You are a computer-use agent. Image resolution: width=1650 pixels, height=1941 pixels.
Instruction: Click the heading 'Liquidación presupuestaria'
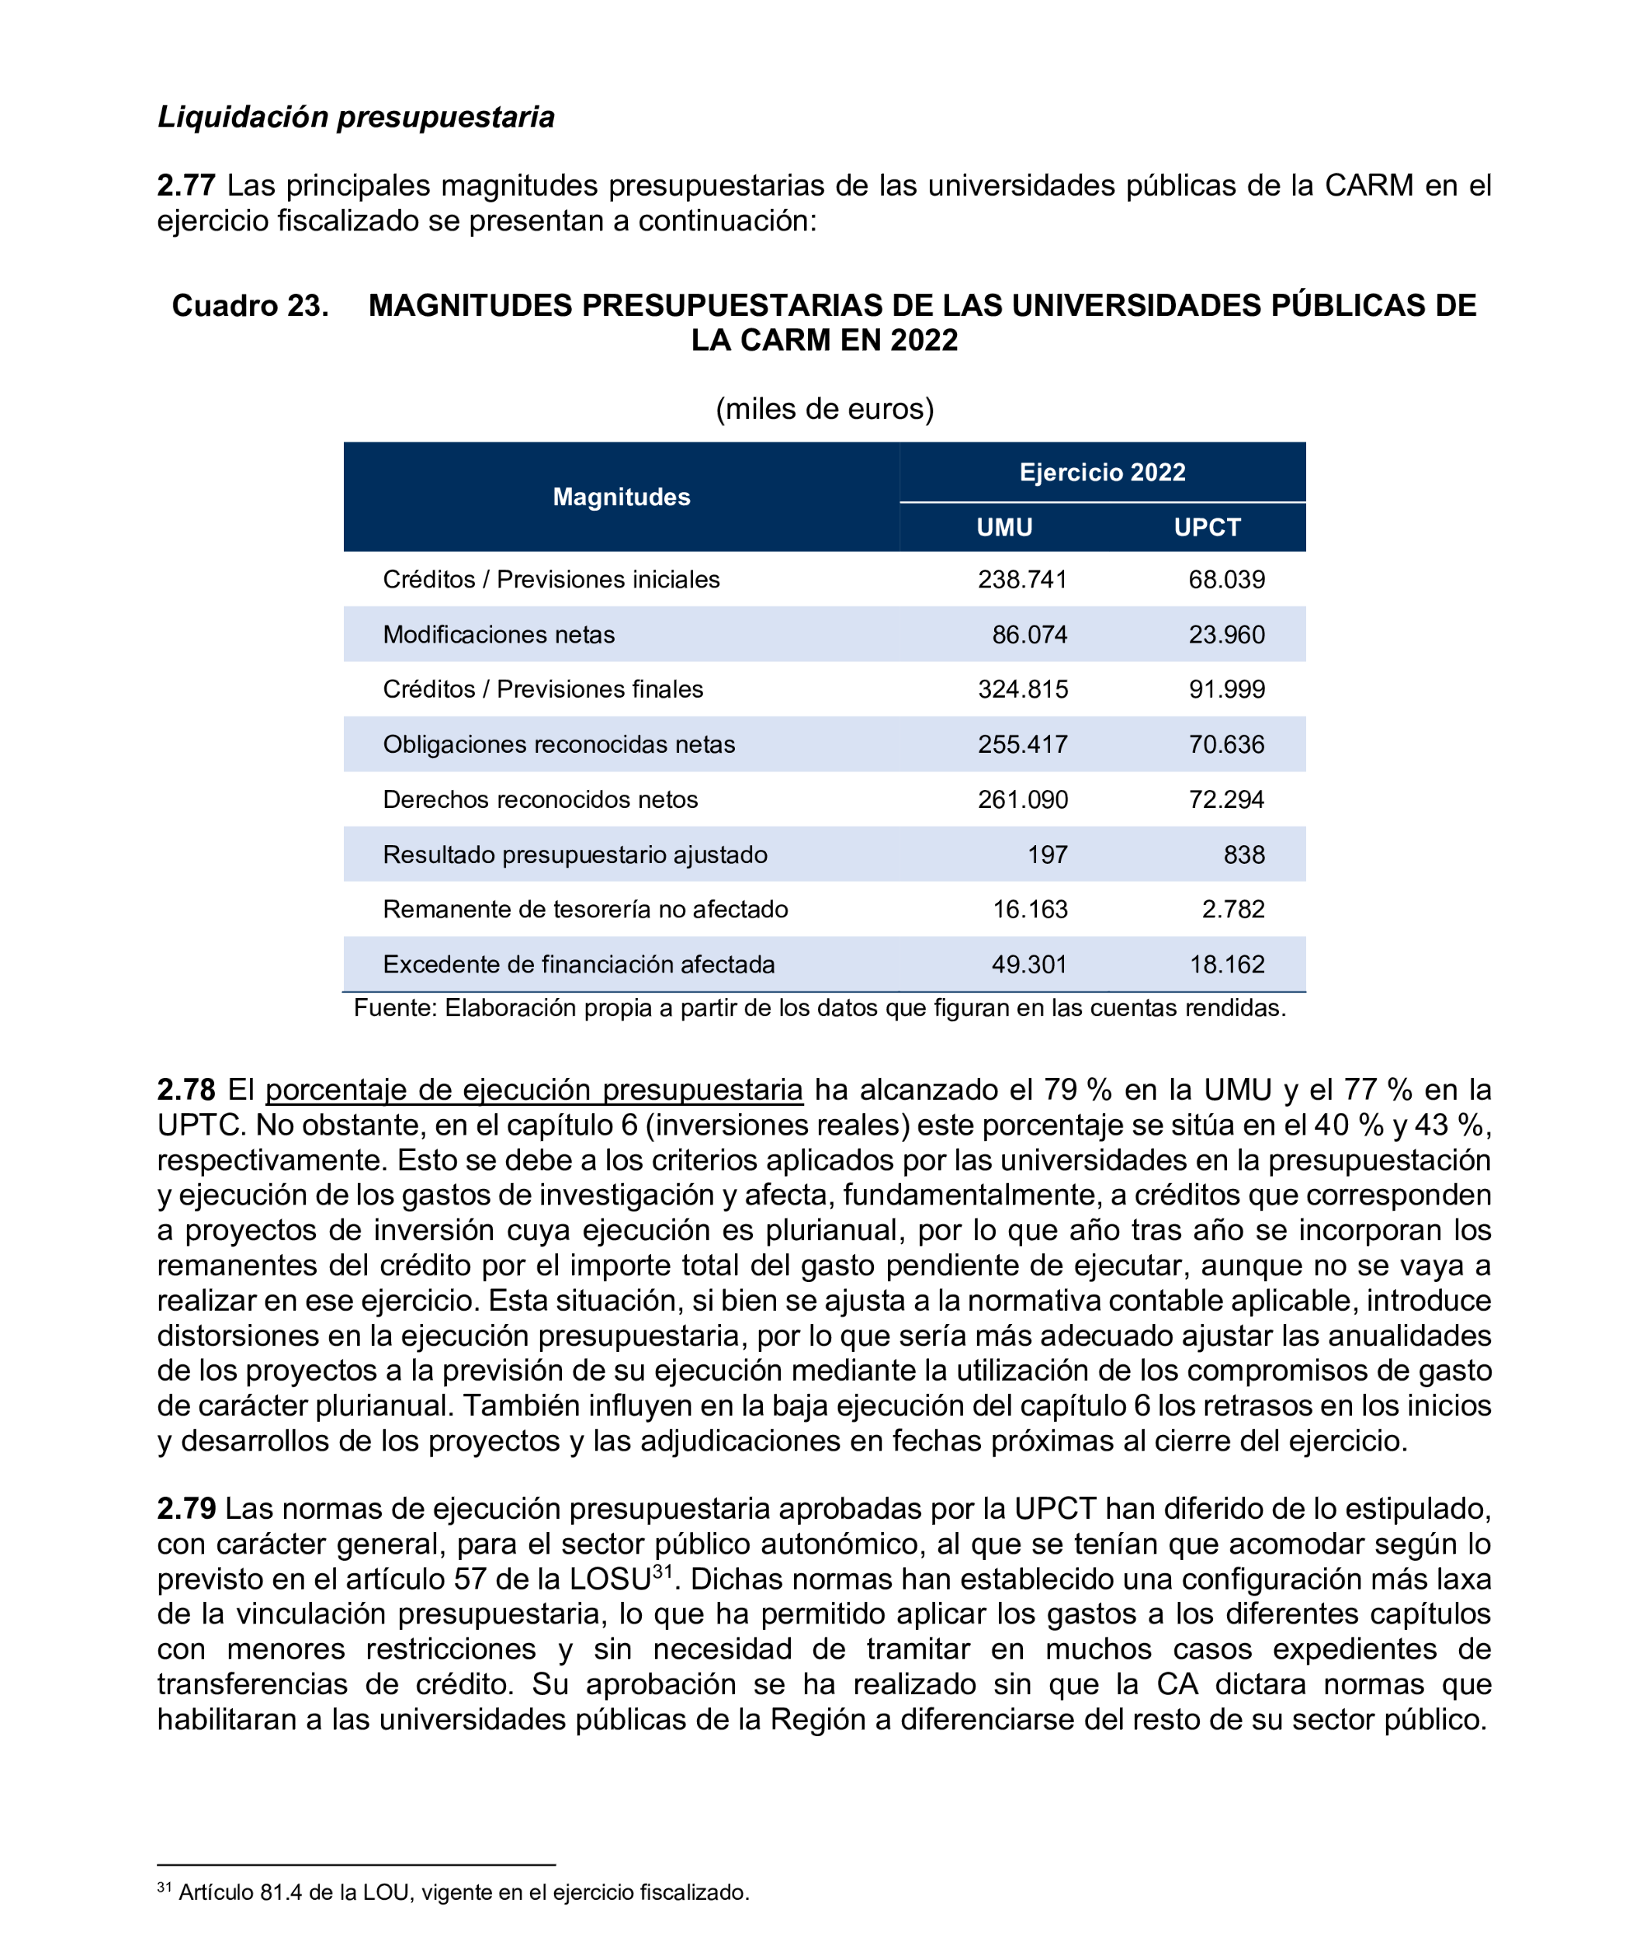[x=355, y=117]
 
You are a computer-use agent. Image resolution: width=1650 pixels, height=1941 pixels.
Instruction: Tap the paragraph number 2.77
[x=186, y=185]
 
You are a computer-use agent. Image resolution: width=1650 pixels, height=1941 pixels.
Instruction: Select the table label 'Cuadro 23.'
[x=250, y=306]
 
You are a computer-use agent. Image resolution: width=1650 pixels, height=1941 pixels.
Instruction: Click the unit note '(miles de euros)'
[x=824, y=409]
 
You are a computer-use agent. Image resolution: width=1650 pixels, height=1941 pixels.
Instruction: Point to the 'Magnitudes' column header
[x=621, y=497]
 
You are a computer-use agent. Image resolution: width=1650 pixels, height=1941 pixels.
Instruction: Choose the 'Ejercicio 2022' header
[x=1102, y=473]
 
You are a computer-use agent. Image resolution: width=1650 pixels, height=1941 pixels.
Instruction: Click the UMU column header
[x=1004, y=528]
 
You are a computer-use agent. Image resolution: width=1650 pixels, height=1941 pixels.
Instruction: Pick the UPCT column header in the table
[x=1207, y=528]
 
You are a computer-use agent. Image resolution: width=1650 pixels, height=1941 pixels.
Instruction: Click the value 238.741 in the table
[x=1022, y=580]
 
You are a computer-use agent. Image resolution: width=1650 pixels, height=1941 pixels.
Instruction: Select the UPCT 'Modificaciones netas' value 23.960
[x=1226, y=635]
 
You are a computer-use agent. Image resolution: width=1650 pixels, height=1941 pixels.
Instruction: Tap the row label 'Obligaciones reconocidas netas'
[x=559, y=744]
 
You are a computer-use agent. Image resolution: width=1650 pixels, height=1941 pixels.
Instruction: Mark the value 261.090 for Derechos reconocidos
[x=1022, y=800]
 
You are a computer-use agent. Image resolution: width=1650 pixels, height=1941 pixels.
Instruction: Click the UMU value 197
[x=1047, y=855]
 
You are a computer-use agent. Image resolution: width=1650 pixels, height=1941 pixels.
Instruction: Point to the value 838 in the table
[x=1244, y=855]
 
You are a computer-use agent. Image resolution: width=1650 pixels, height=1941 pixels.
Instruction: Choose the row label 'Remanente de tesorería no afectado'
[x=584, y=910]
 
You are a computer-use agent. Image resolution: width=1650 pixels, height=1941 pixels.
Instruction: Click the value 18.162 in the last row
[x=1226, y=965]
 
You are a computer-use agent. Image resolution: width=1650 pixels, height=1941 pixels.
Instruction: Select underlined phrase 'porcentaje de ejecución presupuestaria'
[x=534, y=1090]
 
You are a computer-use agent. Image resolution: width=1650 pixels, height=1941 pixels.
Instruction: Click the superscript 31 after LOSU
[x=662, y=1572]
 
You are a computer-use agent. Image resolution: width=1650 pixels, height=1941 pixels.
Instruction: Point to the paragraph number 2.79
[x=186, y=1509]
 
